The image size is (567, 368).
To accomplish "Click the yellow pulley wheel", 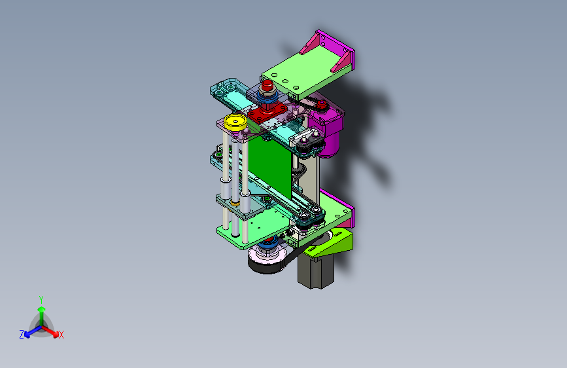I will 234,122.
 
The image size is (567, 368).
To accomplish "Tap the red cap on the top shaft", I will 267,88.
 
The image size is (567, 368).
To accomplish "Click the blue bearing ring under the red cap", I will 267,99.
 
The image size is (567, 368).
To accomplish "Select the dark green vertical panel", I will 273,164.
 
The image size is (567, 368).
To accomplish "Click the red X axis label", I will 61,335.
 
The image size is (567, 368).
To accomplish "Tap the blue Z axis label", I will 22,335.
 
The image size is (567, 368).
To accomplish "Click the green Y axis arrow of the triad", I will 41,311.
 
